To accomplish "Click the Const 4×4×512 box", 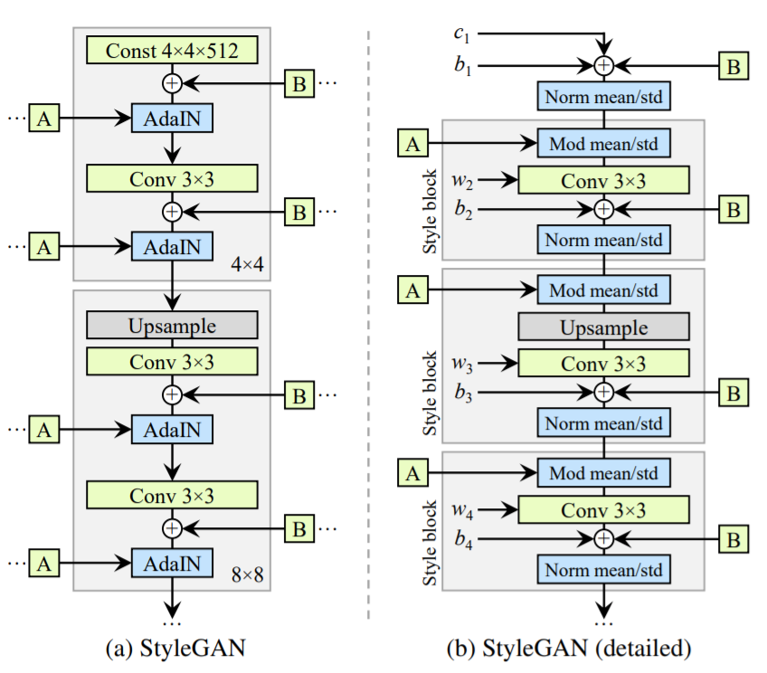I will (172, 51).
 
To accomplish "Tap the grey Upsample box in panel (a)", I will (172, 324).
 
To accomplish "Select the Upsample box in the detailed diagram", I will (603, 327).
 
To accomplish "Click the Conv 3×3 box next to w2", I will (603, 180).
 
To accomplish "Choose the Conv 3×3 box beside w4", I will (603, 511).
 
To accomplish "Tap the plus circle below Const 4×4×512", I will (172, 83).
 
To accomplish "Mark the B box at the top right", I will (734, 65).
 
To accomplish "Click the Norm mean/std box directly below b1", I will (603, 95).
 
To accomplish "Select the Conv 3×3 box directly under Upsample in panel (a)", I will (172, 362).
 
